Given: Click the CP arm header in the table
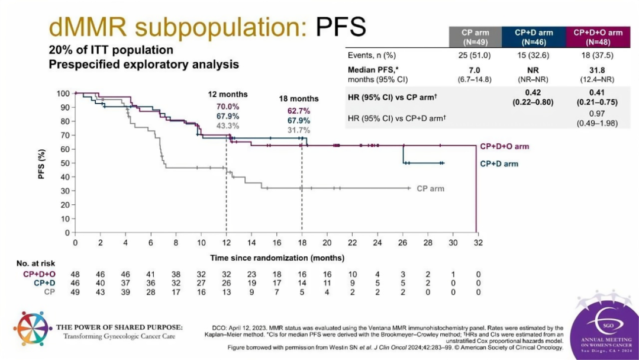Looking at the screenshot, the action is point(475,37).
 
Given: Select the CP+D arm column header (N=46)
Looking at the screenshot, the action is point(534,37).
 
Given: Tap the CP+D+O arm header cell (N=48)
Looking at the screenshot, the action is point(598,37).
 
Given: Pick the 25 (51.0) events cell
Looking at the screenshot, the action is point(475,56).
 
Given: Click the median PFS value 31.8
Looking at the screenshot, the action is point(597,70).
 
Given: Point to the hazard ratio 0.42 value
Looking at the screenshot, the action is point(533,92).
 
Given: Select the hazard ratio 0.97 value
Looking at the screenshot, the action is point(597,114).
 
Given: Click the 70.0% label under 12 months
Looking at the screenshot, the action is point(228,107).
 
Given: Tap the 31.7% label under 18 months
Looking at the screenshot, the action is point(299,130).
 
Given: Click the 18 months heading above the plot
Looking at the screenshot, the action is point(299,99).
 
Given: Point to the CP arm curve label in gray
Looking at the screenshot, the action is point(430,189).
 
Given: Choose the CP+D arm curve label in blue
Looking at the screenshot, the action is point(499,164).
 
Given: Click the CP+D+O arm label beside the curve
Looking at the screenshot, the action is point(505,146).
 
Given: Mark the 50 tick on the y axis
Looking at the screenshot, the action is point(65,163).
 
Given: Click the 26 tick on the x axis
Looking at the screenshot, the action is point(403,243).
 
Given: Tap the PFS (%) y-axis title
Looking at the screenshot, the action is point(41,163).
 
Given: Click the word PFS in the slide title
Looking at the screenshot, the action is point(341,27).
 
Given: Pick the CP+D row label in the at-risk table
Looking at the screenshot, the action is point(44,283).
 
